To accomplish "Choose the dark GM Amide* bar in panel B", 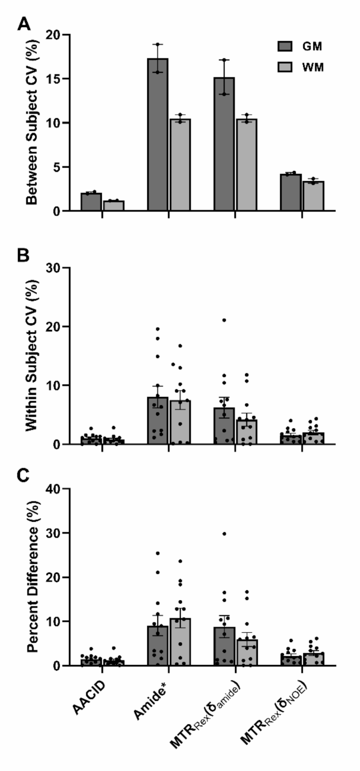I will [x=158, y=420].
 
